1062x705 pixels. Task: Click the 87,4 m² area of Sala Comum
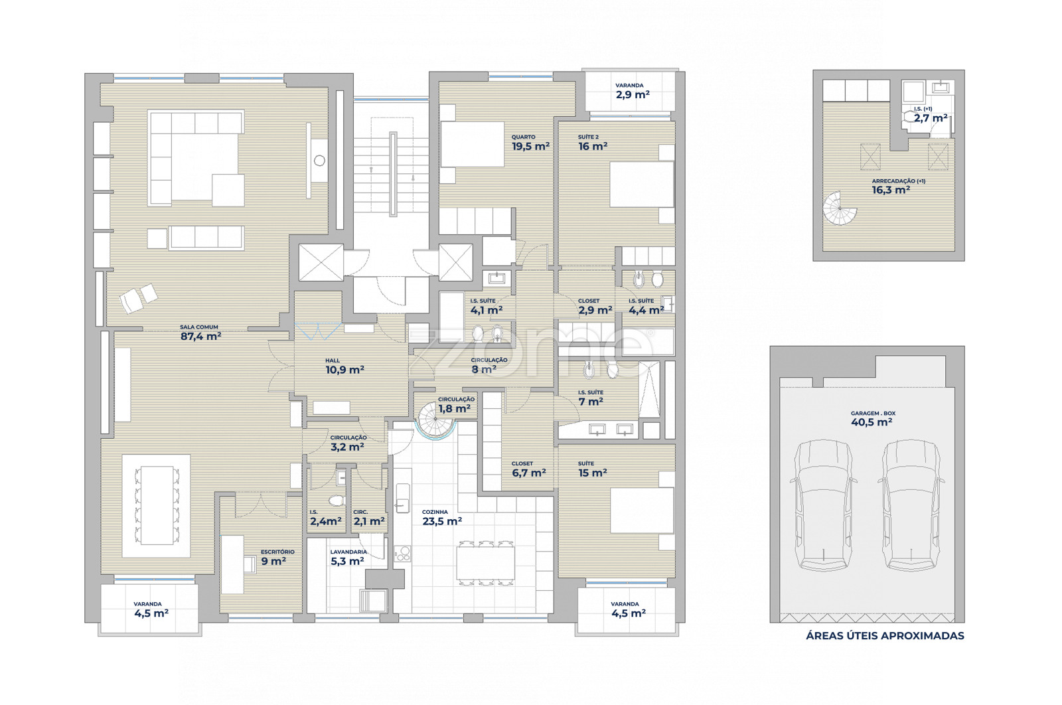click(x=200, y=336)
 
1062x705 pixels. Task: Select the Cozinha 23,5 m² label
click(x=442, y=518)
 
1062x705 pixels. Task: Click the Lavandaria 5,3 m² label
click(x=348, y=558)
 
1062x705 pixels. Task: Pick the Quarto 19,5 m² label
click(x=530, y=143)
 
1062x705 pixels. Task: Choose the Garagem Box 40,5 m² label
click(x=872, y=419)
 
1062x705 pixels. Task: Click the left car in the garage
click(x=824, y=505)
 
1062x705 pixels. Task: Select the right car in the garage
click(x=911, y=505)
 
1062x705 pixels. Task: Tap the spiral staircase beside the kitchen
click(x=435, y=420)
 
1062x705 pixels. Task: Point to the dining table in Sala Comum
click(x=157, y=505)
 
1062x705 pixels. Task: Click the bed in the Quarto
click(x=472, y=144)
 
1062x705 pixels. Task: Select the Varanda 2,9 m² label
click(x=632, y=91)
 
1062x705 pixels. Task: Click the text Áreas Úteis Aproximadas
click(x=885, y=636)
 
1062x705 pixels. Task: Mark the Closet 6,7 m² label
click(x=528, y=469)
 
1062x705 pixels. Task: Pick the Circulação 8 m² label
click(x=489, y=366)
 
